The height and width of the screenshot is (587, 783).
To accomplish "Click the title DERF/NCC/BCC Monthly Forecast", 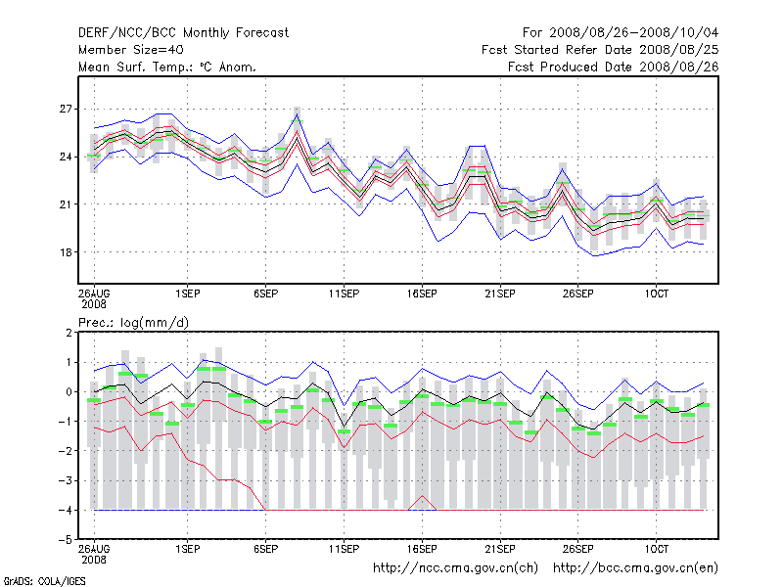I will click(x=183, y=32).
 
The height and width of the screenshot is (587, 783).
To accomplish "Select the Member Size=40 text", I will click(x=130, y=49).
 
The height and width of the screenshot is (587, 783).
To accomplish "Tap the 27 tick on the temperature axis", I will click(x=68, y=109).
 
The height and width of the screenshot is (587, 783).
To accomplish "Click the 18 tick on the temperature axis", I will click(x=68, y=251).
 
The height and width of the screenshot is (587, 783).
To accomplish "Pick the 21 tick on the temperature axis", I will click(x=68, y=203).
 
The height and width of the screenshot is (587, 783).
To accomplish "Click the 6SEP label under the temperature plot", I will click(x=265, y=293).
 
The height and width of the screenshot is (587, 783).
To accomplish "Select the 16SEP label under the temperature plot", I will click(x=422, y=293).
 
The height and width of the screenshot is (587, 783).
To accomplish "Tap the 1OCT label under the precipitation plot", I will click(x=657, y=550).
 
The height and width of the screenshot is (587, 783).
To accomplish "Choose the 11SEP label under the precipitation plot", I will click(x=344, y=550).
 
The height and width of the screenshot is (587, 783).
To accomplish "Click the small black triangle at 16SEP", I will click(x=423, y=504).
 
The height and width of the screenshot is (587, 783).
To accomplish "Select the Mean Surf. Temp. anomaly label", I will click(x=167, y=67).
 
